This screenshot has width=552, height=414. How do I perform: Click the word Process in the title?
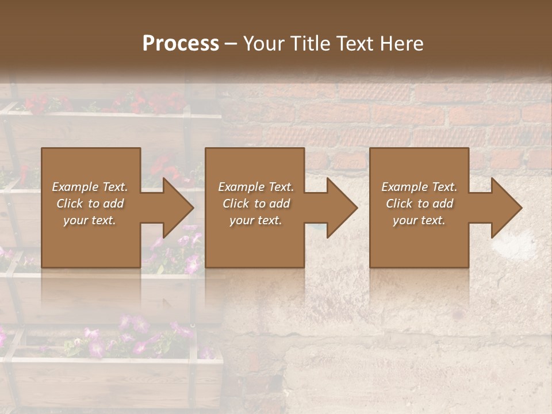pos(181,44)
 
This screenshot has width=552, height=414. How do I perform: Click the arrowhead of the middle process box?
pos(342,208)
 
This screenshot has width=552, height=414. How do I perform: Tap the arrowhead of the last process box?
pos(506,208)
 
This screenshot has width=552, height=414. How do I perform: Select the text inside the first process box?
pos(90,204)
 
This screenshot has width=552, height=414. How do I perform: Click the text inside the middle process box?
pos(256,204)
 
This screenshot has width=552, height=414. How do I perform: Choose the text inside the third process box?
pos(419,204)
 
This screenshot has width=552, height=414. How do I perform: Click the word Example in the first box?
pos(75,187)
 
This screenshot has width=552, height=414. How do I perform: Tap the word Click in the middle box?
pos(236,204)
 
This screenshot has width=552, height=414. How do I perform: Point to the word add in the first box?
pos(114,204)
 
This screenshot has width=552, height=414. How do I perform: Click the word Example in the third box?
pos(404,187)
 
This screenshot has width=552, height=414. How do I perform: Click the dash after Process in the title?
pos(231,44)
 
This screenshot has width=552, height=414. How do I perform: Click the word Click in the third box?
pos(399,204)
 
